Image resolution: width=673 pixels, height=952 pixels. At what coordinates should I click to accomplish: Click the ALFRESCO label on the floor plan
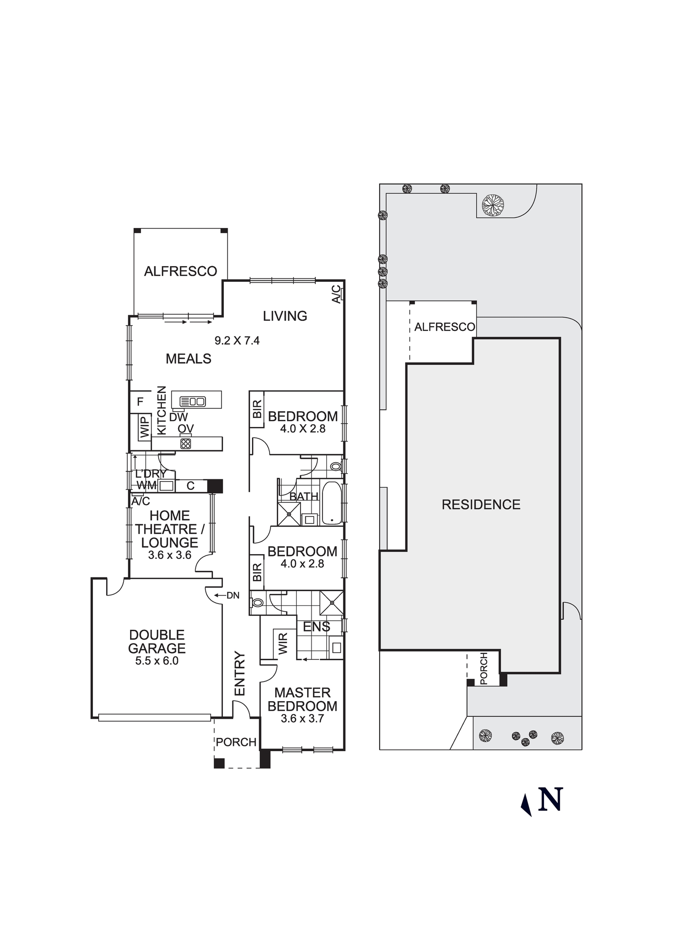point(181,271)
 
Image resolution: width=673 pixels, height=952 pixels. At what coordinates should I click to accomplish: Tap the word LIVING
point(285,316)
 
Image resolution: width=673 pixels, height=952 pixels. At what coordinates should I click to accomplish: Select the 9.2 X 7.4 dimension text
point(237,340)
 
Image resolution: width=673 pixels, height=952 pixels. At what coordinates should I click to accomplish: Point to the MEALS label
point(189,359)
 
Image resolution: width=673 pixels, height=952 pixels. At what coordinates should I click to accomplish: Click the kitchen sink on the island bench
point(192,401)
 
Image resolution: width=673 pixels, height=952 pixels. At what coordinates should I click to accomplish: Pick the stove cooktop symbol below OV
point(185,444)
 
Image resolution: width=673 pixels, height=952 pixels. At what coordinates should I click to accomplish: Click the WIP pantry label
point(144,426)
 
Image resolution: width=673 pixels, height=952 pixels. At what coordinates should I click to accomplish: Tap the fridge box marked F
point(140,402)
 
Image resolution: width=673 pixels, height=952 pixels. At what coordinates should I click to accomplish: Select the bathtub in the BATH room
point(331,503)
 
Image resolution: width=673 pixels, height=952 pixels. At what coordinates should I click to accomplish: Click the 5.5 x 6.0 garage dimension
point(157,661)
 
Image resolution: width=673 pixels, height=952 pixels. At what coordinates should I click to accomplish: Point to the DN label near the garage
point(233,595)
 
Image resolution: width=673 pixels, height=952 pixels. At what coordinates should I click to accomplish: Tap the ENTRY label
point(240,674)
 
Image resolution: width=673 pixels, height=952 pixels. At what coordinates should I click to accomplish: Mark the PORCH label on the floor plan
point(236,742)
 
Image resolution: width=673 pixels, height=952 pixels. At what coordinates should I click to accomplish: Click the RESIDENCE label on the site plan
point(481,505)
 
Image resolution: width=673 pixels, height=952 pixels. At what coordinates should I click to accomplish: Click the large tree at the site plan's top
point(492,206)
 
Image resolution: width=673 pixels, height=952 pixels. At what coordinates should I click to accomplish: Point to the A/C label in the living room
point(336,294)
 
